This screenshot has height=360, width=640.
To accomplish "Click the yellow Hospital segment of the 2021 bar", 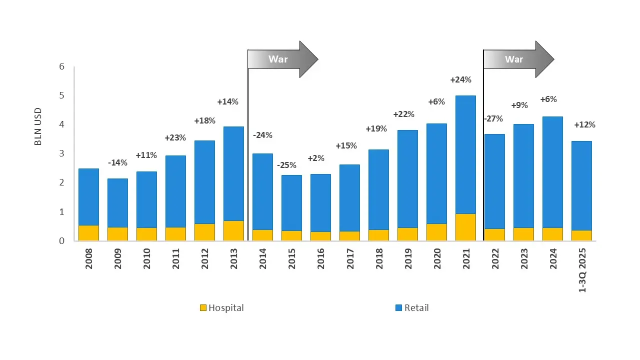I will tap(465, 227).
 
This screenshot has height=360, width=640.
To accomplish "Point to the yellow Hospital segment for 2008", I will tap(88, 233).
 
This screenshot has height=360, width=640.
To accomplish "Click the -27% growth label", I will tap(493, 119).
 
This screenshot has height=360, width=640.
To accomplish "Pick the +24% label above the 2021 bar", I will tap(460, 79).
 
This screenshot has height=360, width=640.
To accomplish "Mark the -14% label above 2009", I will tap(118, 162).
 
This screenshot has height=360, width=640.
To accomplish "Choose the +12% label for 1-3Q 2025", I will tap(584, 125).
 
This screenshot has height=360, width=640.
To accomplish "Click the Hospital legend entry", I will tap(221, 308).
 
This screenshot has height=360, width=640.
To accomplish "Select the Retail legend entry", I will tap(412, 308).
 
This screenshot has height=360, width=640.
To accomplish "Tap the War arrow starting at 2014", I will tap(283, 59).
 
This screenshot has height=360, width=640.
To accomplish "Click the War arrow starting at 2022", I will tap(518, 59).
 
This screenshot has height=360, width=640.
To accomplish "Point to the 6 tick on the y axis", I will tap(61, 66).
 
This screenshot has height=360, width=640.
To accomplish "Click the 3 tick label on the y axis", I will tap(61, 153).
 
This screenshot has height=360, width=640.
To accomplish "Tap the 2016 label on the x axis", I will tap(321, 259).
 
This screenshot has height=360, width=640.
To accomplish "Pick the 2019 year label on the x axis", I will tap(408, 259).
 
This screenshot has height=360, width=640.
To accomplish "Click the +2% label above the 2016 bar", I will tap(316, 158).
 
